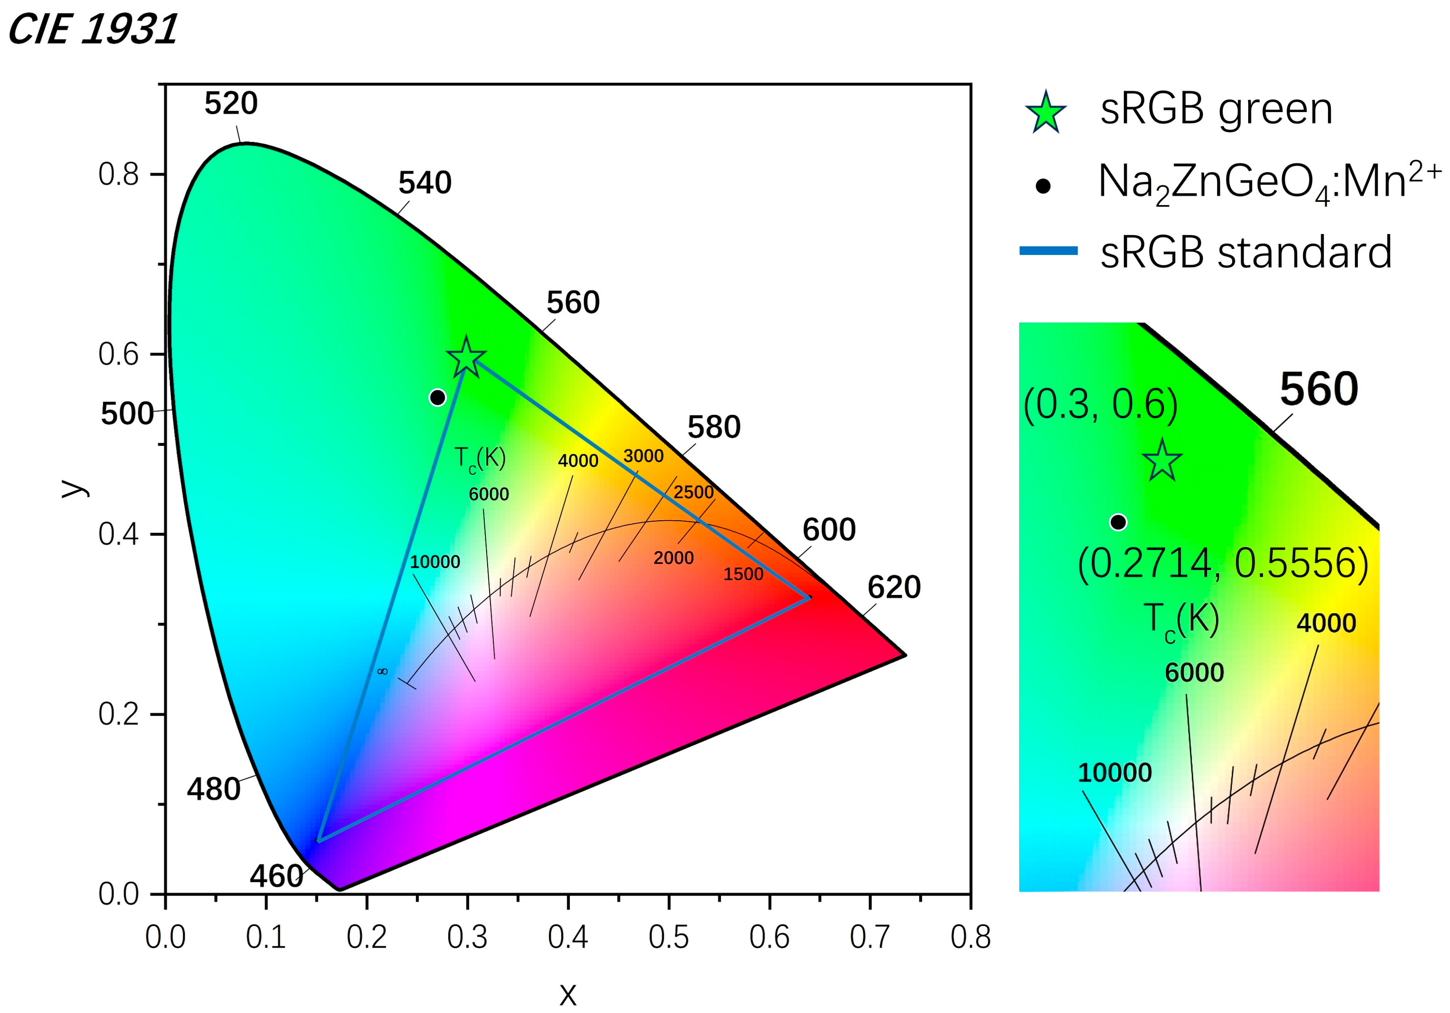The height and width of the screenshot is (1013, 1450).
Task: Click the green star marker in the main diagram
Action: (x=466, y=357)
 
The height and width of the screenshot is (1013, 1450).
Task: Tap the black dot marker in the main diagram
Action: (x=438, y=397)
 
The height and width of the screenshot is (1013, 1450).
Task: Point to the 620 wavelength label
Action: (x=894, y=587)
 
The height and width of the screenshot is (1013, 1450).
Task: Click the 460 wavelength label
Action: (x=276, y=876)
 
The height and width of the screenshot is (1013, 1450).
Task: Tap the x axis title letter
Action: (x=568, y=994)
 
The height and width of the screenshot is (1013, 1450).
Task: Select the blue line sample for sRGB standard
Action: (x=1048, y=251)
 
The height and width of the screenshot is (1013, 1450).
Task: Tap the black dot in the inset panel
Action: (x=1118, y=522)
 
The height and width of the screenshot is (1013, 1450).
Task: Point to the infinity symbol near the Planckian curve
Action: (x=382, y=671)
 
